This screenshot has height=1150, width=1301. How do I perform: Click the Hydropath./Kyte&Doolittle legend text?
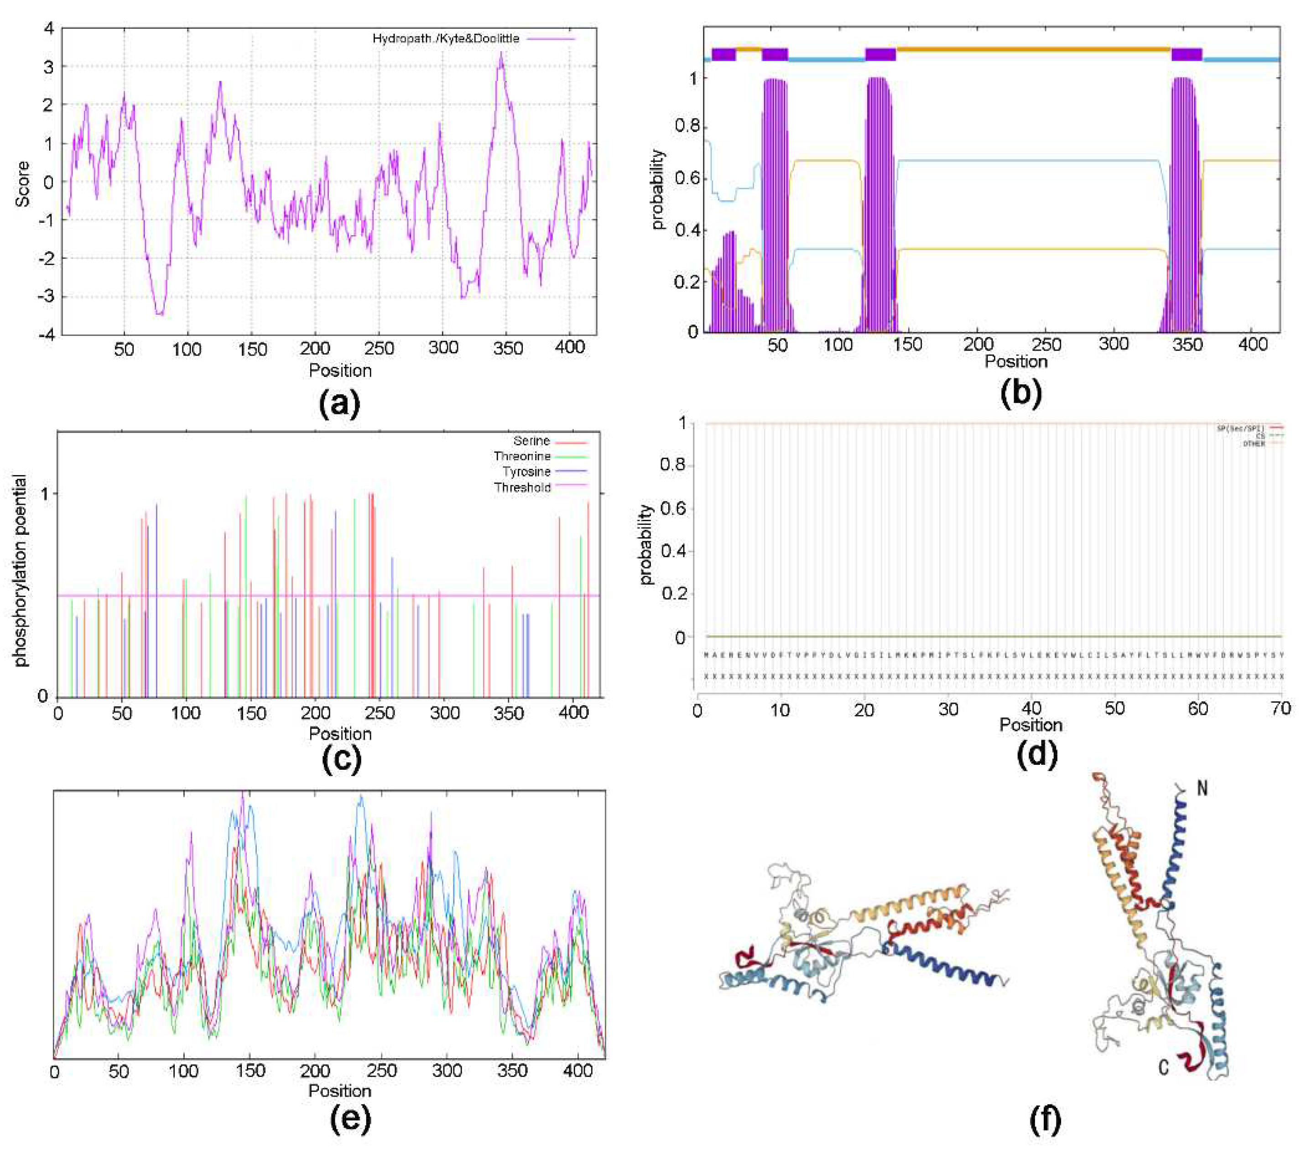click(446, 39)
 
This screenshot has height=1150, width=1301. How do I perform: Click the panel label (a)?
click(339, 402)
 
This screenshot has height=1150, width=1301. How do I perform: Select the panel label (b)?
click(1021, 393)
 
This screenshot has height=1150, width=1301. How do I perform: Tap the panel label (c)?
click(342, 758)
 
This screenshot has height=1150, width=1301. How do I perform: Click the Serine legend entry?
click(531, 441)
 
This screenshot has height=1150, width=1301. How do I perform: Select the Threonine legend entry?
click(522, 456)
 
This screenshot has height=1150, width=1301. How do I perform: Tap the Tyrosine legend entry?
click(526, 472)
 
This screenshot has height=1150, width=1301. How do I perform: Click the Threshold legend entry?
click(523, 488)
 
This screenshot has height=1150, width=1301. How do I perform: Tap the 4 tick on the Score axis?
click(48, 28)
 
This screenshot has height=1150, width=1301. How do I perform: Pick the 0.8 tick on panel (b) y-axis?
click(687, 127)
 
